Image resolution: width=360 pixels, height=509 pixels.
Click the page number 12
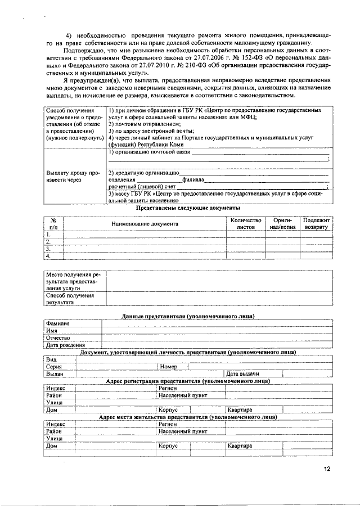327,468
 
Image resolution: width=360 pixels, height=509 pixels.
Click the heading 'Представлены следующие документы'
188,209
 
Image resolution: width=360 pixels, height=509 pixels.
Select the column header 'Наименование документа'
145,224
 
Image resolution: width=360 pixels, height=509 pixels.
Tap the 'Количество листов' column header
245,224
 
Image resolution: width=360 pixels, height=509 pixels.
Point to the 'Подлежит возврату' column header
316,224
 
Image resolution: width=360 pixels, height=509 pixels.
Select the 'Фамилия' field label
58,323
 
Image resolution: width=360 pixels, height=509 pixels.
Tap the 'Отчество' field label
59,338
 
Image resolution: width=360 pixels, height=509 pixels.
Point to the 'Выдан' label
55,374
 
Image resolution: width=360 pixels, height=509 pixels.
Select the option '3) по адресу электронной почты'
147,130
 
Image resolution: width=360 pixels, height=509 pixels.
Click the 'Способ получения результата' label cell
70,298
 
